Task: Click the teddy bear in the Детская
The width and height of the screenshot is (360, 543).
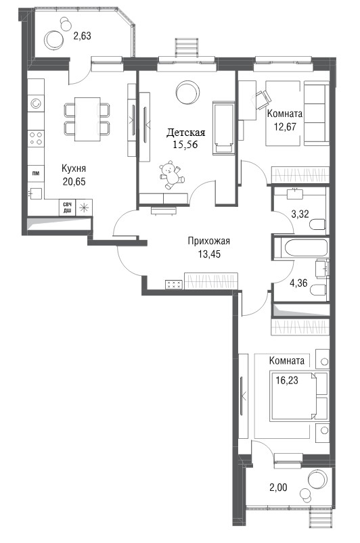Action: (x=171, y=174)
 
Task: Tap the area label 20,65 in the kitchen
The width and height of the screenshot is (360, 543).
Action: (x=74, y=181)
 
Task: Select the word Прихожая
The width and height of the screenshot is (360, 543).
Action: (x=208, y=241)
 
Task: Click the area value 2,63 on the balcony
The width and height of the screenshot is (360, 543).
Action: (x=82, y=35)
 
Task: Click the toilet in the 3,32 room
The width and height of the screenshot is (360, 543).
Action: (x=318, y=225)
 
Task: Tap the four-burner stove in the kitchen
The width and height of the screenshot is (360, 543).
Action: (x=36, y=138)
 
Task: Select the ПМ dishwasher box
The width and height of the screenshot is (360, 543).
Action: (x=36, y=173)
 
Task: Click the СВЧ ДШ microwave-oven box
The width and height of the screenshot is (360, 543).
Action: (x=67, y=208)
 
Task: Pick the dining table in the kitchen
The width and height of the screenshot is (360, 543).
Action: (x=87, y=119)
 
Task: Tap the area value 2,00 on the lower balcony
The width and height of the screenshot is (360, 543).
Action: (x=278, y=488)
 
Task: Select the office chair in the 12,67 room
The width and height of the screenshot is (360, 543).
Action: (x=263, y=98)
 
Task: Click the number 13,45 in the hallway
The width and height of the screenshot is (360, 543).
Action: (x=209, y=254)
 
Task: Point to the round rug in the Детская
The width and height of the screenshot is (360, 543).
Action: (x=188, y=92)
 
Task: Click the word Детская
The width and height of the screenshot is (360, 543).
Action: (x=186, y=133)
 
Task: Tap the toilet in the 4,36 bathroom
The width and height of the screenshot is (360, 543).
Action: (x=319, y=289)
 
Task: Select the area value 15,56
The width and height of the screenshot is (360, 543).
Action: (x=185, y=145)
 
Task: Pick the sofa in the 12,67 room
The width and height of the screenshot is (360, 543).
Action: (x=316, y=114)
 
